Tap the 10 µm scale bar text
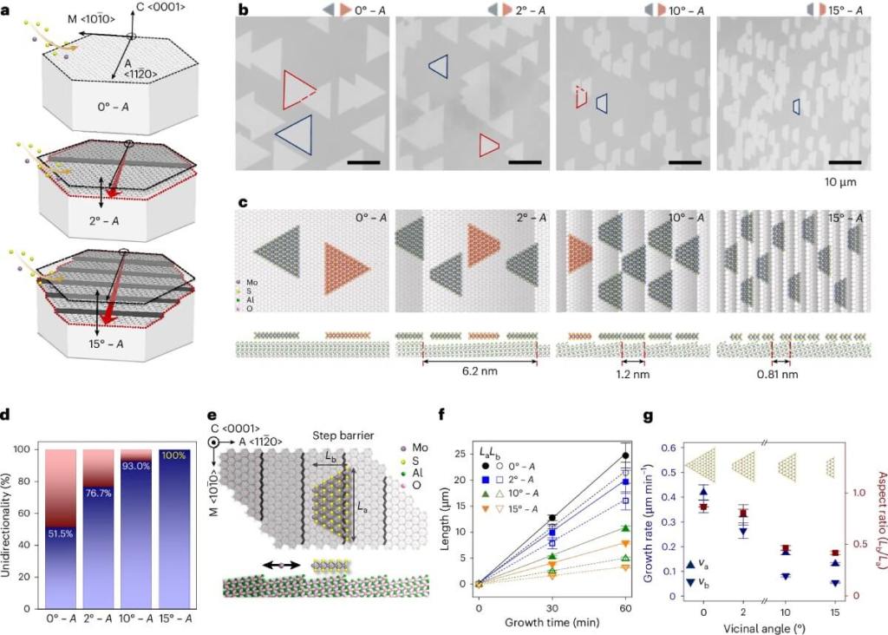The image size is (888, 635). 845,183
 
